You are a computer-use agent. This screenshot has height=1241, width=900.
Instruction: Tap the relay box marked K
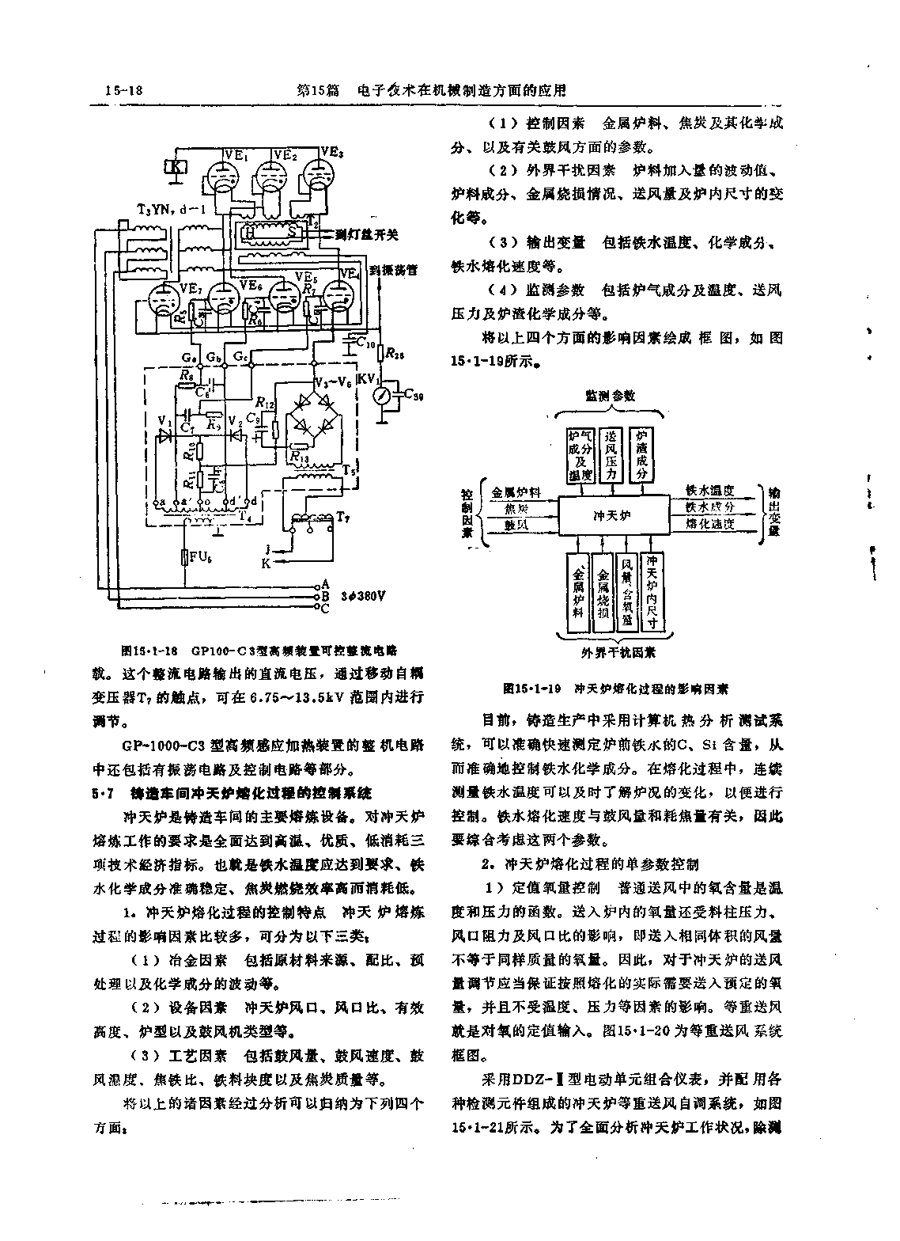[x=175, y=166]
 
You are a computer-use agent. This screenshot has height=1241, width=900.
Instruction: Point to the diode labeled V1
[x=165, y=435]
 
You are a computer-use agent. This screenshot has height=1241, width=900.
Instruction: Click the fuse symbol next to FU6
[x=184, y=557]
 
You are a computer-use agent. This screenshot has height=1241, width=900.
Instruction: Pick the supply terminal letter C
[x=323, y=608]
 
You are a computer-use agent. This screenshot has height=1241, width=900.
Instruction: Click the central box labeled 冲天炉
[x=613, y=515]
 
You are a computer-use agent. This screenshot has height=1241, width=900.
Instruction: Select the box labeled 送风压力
[x=611, y=456]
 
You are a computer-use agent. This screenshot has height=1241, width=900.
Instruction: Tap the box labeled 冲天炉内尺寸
[x=652, y=590]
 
